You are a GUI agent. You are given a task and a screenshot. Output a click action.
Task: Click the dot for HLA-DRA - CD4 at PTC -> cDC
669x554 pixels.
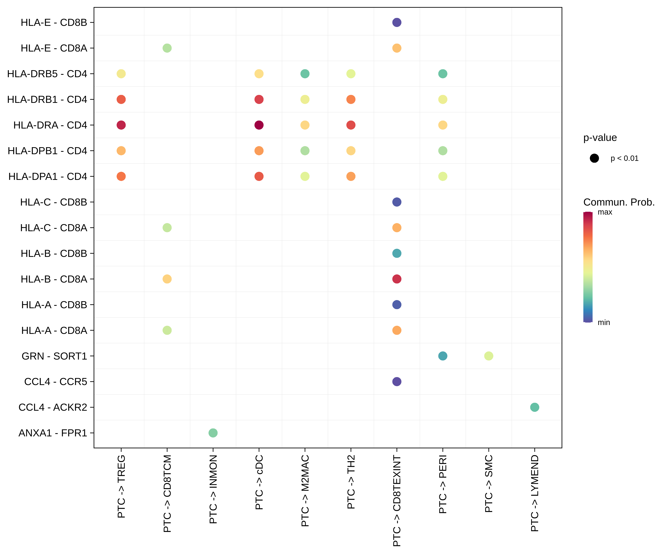point(259,125)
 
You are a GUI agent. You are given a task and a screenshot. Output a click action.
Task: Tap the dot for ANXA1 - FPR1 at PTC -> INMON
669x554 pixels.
point(213,433)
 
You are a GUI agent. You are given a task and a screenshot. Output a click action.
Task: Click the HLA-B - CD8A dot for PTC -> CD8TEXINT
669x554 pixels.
point(397,279)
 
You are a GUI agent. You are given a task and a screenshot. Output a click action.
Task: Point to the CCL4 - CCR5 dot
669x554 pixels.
point(397,382)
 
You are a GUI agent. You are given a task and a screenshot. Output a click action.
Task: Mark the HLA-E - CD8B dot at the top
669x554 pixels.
point(397,22)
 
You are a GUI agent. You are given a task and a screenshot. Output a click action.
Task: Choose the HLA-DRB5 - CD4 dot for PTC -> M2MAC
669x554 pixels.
point(305,74)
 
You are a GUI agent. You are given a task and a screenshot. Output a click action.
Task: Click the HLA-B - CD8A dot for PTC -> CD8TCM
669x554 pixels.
point(167,279)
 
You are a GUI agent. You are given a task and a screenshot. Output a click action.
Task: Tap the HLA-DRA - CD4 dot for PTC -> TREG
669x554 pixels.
point(121,125)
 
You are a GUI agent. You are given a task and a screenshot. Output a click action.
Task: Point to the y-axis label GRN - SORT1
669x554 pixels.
point(54,356)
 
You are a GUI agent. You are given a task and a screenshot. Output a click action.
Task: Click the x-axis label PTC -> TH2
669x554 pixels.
point(351,482)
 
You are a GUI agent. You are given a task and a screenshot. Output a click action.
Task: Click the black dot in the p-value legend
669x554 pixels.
point(594,158)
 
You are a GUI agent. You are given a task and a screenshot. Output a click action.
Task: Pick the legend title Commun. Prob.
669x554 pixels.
point(619,202)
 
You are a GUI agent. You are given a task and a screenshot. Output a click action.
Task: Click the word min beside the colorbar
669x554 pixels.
point(604,323)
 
